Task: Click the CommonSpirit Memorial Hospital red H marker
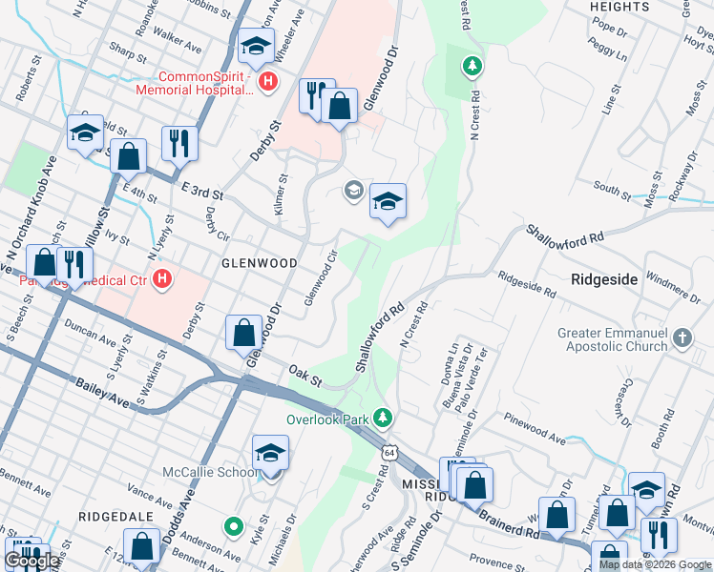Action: click(268, 82)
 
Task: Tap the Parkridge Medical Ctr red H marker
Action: click(163, 279)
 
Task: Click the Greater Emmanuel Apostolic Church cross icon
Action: click(682, 338)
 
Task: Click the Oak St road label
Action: click(306, 373)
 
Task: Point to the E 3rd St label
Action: click(201, 194)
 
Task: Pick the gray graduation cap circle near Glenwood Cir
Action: click(353, 191)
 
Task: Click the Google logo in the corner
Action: click(31, 561)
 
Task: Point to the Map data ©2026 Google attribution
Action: click(656, 565)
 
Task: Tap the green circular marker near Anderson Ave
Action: click(232, 525)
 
